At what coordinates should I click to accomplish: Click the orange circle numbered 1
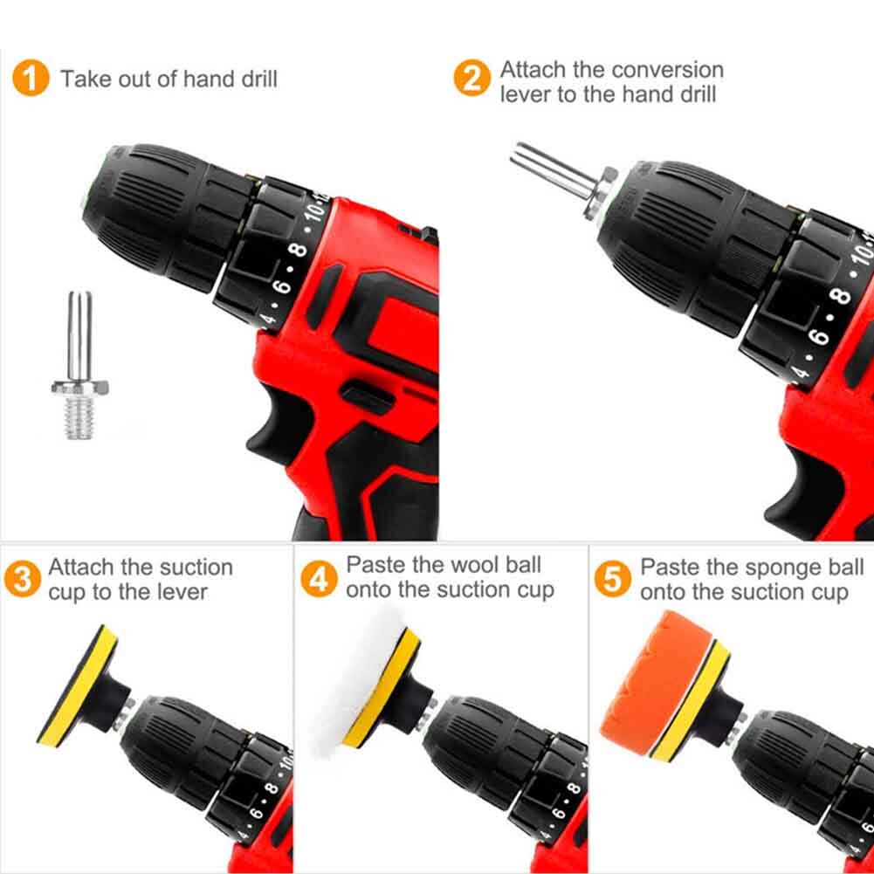(31, 78)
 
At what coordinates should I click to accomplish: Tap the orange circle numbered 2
(472, 78)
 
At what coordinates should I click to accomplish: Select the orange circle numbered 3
(23, 579)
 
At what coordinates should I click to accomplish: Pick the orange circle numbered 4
(319, 579)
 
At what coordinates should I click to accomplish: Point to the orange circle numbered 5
(613, 579)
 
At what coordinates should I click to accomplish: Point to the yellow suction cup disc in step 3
(78, 685)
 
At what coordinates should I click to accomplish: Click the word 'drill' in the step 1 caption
(259, 79)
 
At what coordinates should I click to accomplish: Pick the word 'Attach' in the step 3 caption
(81, 568)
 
